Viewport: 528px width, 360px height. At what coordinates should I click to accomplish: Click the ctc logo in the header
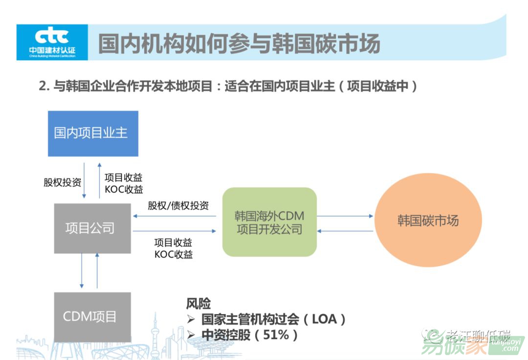coord(52,41)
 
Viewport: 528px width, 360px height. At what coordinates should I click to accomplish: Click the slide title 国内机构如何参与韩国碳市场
coord(239,43)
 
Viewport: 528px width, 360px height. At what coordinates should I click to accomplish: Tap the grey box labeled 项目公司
coord(92,228)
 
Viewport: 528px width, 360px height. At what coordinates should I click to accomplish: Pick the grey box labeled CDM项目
coord(92,316)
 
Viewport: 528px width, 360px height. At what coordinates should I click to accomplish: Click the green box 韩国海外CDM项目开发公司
coord(269,222)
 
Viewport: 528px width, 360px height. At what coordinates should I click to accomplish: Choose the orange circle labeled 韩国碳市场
coord(428,220)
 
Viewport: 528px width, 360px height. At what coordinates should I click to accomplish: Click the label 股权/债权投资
coord(178,205)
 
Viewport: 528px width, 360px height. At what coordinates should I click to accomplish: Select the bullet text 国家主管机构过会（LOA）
coord(273,319)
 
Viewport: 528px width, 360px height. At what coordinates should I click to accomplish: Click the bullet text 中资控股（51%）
coord(249,335)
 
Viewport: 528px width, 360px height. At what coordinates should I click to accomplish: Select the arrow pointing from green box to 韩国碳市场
coord(345,216)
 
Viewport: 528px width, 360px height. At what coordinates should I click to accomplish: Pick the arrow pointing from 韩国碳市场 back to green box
coord(345,231)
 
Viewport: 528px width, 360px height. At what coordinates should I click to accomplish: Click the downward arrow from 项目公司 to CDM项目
coord(82,271)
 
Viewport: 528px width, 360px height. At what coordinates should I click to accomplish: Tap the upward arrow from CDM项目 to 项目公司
coord(97,271)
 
